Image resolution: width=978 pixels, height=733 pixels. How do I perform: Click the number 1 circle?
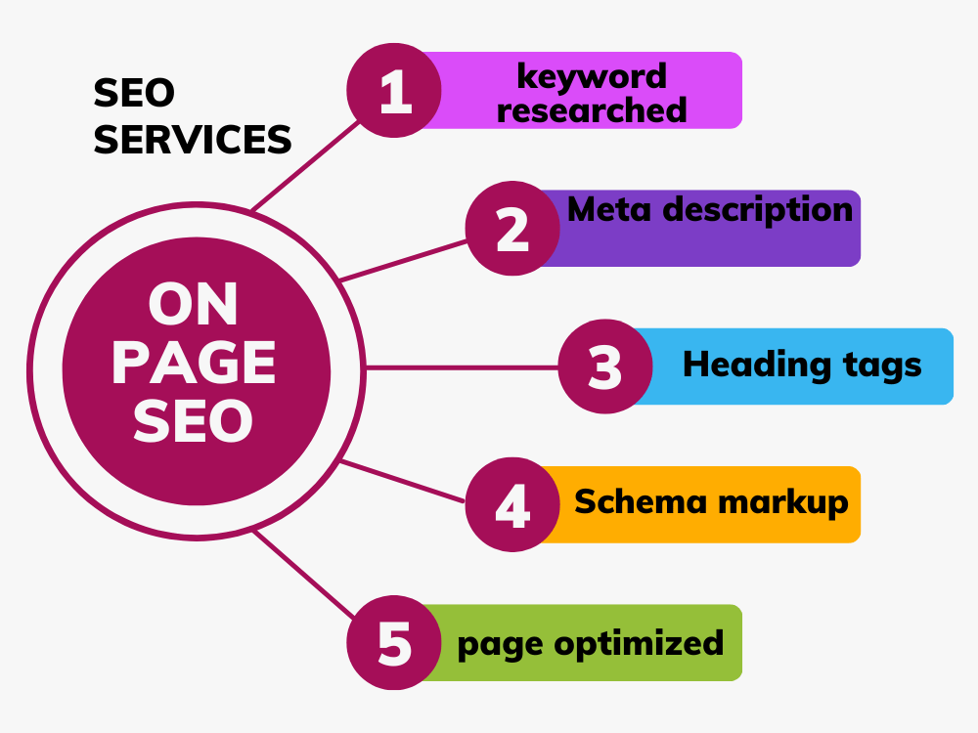[394, 90]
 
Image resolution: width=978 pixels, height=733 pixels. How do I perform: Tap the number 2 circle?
[512, 228]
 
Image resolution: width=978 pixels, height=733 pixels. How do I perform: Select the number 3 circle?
[605, 366]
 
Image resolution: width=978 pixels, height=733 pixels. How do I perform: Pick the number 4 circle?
[512, 504]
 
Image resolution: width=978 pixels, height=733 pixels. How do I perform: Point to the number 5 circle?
[394, 643]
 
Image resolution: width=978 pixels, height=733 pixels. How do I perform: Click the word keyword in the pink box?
[592, 77]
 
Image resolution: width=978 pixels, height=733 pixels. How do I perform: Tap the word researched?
[592, 109]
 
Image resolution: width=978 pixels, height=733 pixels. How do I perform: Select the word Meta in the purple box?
[609, 209]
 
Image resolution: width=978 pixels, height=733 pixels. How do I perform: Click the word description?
[757, 210]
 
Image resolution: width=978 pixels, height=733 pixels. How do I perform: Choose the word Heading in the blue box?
[757, 365]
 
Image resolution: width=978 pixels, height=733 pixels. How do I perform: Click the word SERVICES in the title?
[193, 140]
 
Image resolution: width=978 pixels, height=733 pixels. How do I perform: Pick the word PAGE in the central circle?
[194, 364]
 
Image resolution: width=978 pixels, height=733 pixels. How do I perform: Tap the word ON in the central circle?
[194, 305]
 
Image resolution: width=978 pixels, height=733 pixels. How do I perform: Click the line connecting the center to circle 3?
[462, 367]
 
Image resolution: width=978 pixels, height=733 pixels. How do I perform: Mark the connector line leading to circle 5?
[304, 574]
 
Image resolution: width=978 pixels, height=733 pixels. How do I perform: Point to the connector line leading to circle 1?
[305, 165]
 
